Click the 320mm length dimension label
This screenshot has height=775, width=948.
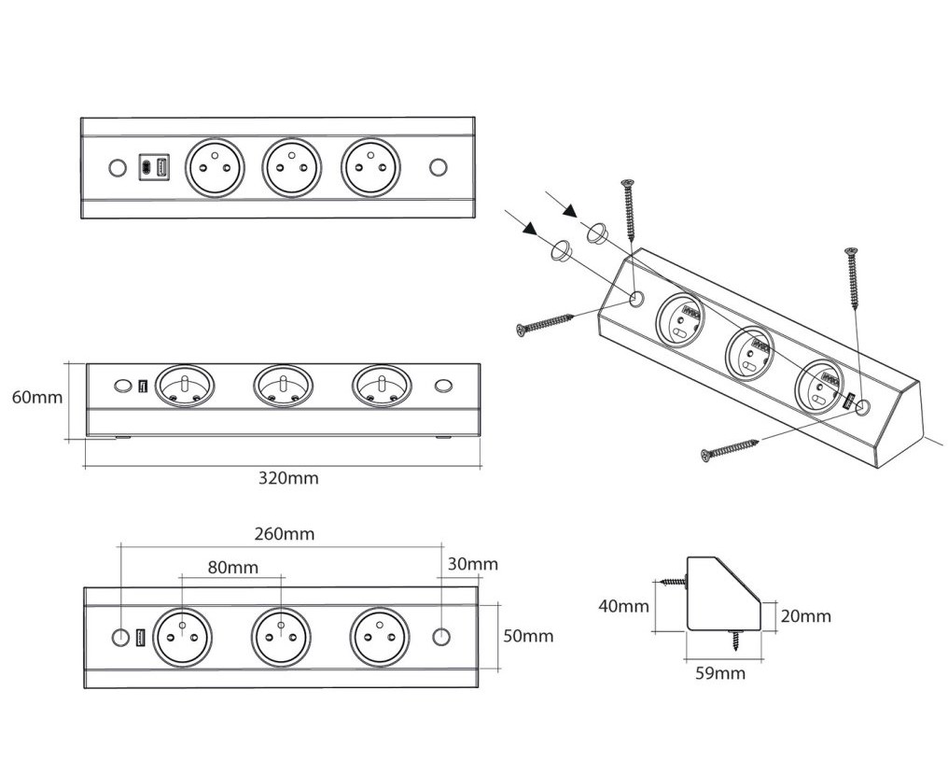tap(288, 478)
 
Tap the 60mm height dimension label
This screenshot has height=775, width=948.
tap(37, 397)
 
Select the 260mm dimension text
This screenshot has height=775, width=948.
tap(285, 534)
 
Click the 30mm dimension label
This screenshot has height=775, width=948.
tap(472, 564)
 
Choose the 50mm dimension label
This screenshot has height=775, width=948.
tap(528, 636)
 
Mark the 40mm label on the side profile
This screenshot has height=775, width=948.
tap(623, 606)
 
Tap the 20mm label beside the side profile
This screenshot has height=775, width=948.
tap(805, 615)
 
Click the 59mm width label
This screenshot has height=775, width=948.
tap(720, 672)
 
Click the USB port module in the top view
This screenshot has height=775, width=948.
tap(154, 168)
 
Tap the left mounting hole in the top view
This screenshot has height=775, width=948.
tap(117, 168)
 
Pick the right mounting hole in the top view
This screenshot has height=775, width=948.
tap(438, 168)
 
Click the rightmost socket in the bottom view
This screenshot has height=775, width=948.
tap(380, 639)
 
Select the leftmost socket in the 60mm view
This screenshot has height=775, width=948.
tap(184, 385)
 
